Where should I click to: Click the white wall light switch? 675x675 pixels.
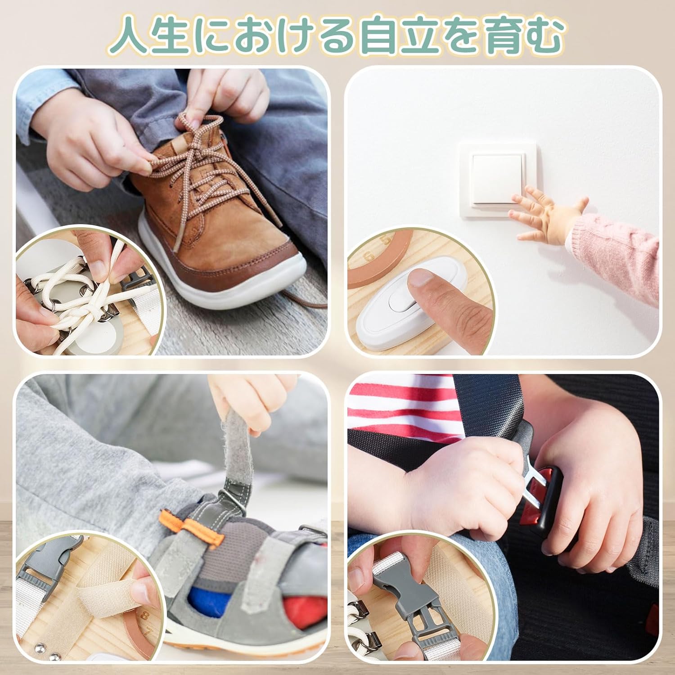[498, 180]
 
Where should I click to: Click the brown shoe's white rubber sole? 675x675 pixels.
[234, 288]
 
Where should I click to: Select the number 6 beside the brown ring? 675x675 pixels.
[369, 257]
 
